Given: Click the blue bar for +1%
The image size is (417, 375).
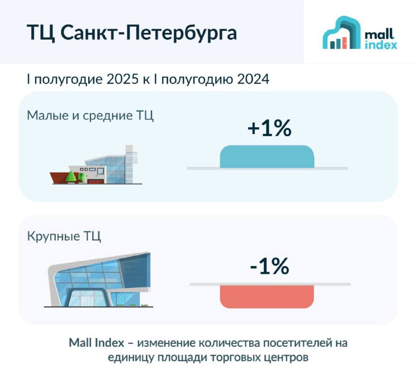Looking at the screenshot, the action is (267, 157).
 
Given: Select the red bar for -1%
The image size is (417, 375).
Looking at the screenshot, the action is (267, 297).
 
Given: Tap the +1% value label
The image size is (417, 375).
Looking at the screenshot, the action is (269, 128).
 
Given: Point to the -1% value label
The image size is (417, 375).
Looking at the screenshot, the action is (269, 266).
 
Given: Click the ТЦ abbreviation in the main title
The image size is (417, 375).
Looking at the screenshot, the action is (41, 33).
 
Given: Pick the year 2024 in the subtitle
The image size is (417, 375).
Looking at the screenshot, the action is (253, 79).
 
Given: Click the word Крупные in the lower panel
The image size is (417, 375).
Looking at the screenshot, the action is (54, 237).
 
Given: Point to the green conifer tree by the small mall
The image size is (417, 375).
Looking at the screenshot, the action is (71, 177).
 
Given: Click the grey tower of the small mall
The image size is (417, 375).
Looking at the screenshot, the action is (131, 164).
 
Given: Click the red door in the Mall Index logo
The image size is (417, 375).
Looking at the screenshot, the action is (345, 43).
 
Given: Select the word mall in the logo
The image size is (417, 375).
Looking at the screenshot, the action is (379, 34).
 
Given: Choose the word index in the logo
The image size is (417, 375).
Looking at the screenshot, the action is (381, 45).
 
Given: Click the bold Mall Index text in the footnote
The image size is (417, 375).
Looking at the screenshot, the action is (96, 343).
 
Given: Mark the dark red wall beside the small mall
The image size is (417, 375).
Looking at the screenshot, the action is (60, 177).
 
